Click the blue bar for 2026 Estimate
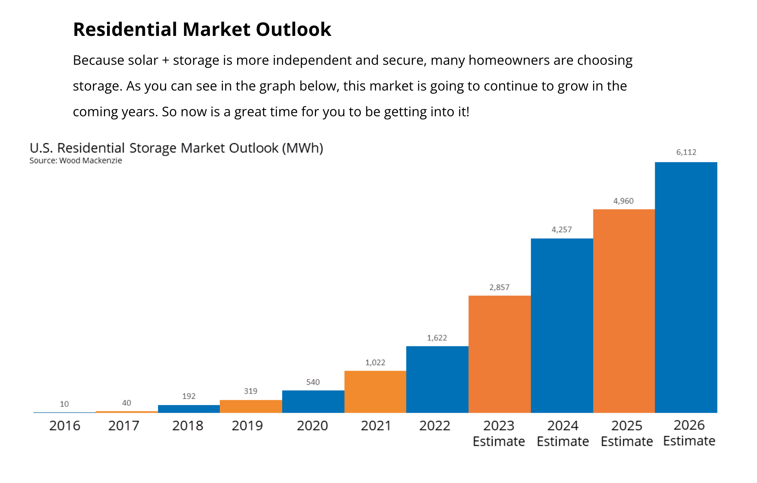[x=686, y=287]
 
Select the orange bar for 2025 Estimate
[x=624, y=311]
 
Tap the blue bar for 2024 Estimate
[x=562, y=325]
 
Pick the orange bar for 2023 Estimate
[x=500, y=354]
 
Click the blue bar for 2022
[x=437, y=379]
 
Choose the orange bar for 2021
[x=375, y=392]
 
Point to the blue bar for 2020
[x=313, y=401]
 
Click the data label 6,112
[x=686, y=152]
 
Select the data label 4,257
[x=561, y=229]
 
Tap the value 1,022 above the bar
[x=375, y=362]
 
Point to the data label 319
[x=250, y=391]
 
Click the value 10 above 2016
[x=64, y=404]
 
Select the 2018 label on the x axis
[x=187, y=425]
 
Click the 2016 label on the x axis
[x=64, y=425]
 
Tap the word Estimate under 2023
[x=498, y=441]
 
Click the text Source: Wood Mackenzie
[x=75, y=160]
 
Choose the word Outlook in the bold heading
[x=293, y=29]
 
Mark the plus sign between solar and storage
[x=165, y=60]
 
